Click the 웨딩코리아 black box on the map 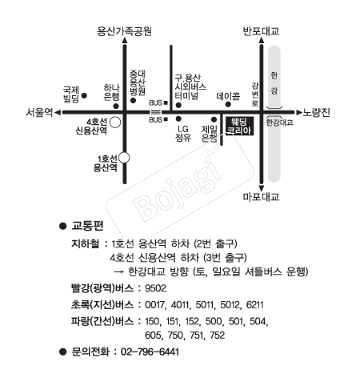point(239,127)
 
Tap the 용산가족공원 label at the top point(124,31)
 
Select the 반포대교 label point(261,31)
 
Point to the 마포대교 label point(261,197)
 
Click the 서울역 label point(39,112)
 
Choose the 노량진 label point(316,112)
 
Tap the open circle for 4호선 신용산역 point(115,123)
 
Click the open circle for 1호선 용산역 point(124,158)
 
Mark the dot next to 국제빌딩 point(84,95)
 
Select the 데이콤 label point(228,96)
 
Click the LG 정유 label point(183,133)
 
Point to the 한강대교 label point(280,123)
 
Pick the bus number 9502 point(155,288)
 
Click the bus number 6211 point(255,304)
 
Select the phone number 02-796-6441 point(150,352)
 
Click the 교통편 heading point(87,226)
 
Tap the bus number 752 point(218,335)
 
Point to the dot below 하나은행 point(116,106)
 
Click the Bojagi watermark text point(177,187)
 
